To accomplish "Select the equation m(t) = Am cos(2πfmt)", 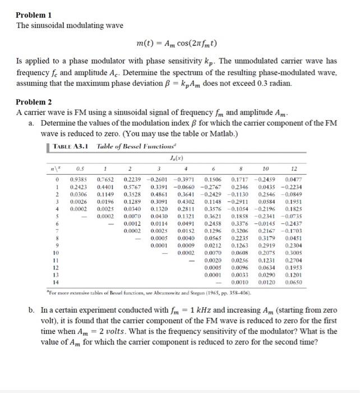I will [x=177, y=43].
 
